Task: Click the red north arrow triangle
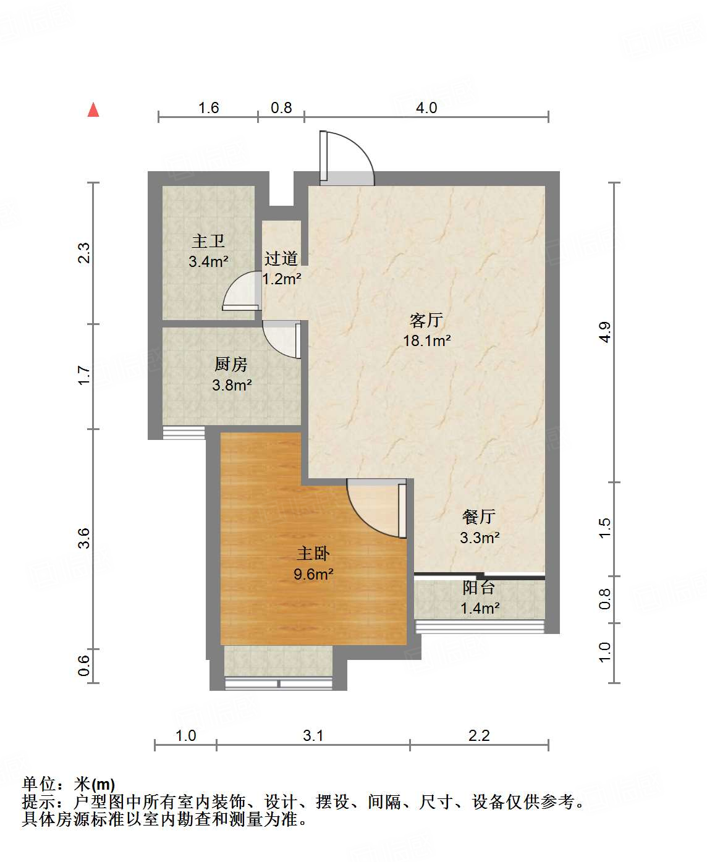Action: pos(93,110)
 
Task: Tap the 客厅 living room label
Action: pos(426,320)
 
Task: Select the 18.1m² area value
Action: pos(426,340)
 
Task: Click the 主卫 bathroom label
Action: pos(208,241)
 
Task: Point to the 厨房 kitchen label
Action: pos(231,365)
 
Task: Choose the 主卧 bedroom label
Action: pos(313,554)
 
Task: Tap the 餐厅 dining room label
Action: pos(479,517)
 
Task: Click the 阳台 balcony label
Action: pos(479,588)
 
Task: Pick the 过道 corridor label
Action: pos(281,258)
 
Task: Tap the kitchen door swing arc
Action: pos(282,339)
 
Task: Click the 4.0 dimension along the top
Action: pos(426,108)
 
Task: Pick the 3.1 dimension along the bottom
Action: pos(313,735)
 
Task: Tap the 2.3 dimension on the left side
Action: pos(83,253)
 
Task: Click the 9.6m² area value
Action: pos(313,574)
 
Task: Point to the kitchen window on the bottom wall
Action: pos(184,433)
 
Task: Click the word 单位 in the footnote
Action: pos(40,784)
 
